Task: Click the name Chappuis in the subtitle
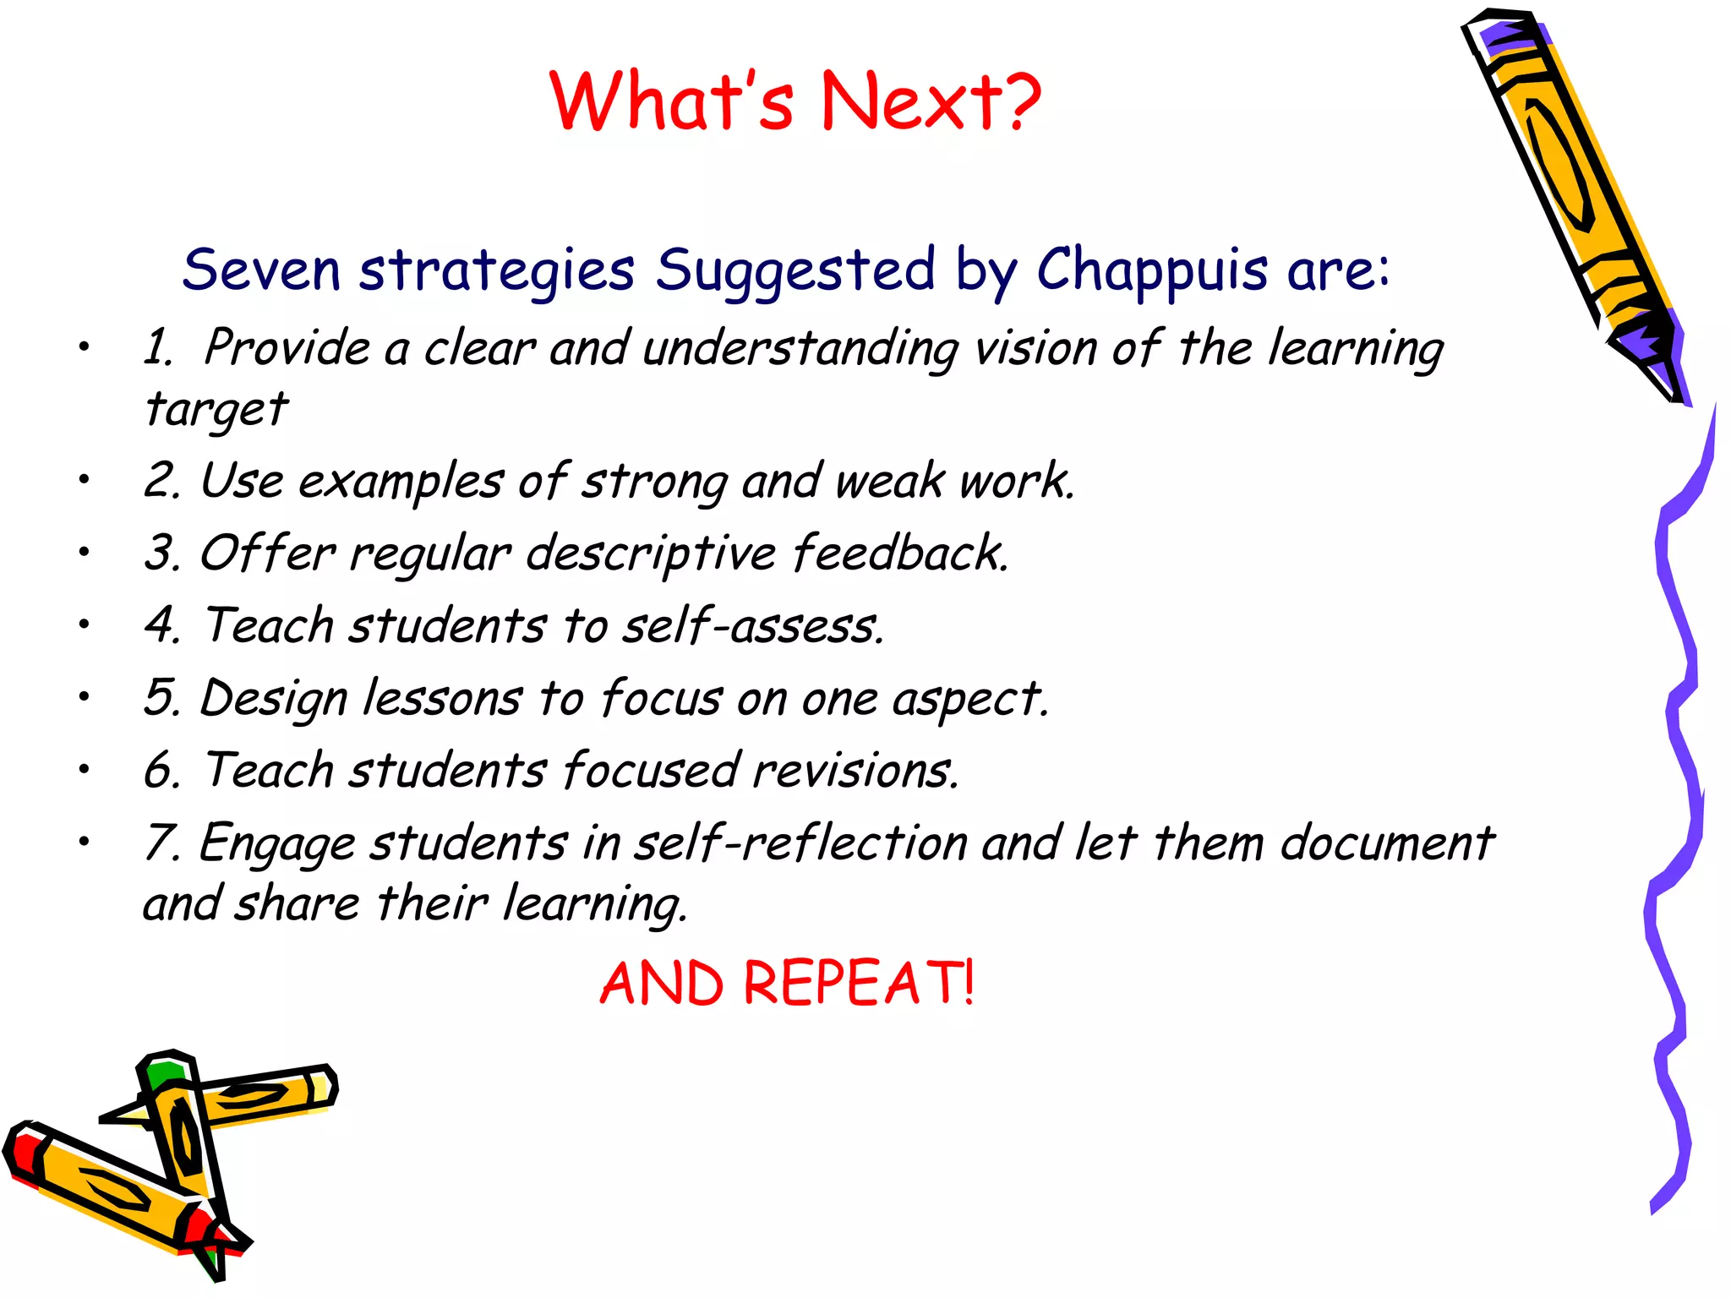(1152, 270)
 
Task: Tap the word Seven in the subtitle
(261, 270)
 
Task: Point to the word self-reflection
(800, 843)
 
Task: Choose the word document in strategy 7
(1387, 843)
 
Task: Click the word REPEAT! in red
(859, 984)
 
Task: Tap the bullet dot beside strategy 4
(84, 624)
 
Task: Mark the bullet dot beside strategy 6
(84, 769)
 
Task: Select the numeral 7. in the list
(161, 843)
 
